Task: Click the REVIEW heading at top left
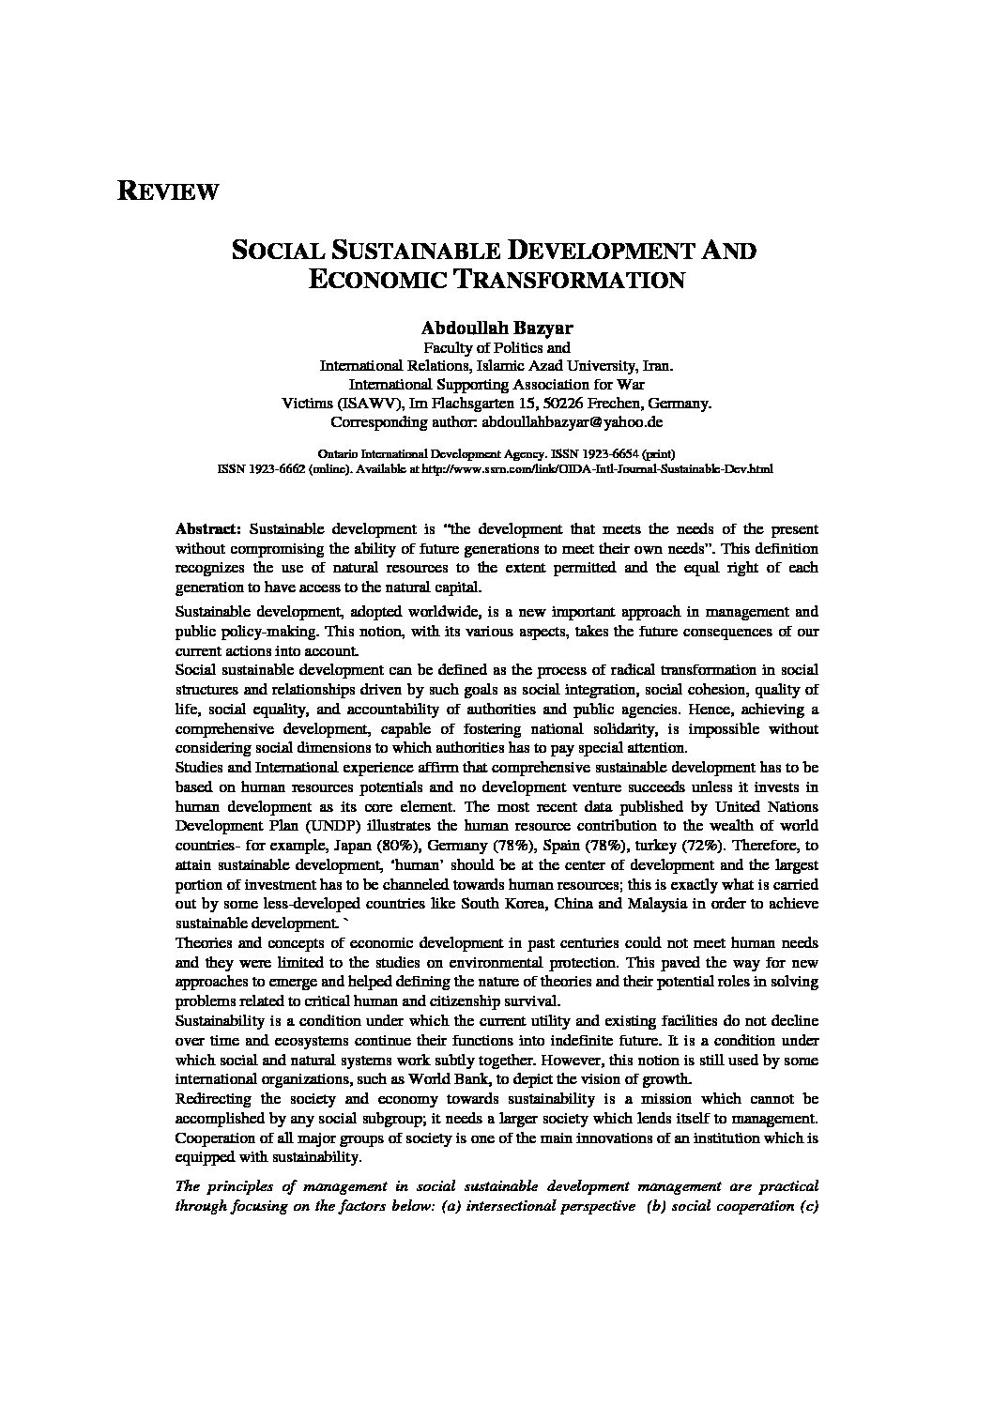(x=168, y=191)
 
